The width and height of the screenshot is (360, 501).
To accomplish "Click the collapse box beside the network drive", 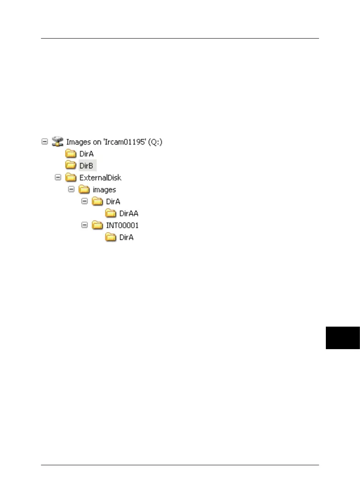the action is click(x=45, y=141).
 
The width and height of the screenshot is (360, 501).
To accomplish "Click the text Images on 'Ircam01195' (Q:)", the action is click(x=114, y=141).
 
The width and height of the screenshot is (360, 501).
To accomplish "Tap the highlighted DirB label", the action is click(x=87, y=165).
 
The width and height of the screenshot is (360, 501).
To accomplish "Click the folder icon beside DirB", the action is click(x=71, y=165).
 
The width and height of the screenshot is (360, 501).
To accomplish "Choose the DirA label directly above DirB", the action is click(x=86, y=153).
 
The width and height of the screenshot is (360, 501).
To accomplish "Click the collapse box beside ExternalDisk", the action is click(x=58, y=177).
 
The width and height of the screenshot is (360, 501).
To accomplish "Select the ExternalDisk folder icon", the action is click(x=71, y=177).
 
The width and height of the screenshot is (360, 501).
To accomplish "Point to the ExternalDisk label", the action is click(x=100, y=177).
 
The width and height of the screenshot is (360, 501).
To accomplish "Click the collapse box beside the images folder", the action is click(x=71, y=189).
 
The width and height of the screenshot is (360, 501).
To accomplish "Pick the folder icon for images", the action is click(x=84, y=189).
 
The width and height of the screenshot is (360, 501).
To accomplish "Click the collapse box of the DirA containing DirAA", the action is click(x=84, y=201).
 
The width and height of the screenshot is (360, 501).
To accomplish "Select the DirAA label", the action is click(x=129, y=213).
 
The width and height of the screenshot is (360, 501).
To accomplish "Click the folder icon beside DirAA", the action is click(x=110, y=213).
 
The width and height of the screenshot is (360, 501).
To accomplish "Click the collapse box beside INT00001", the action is click(x=84, y=225).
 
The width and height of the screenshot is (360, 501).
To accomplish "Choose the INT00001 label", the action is click(x=122, y=225).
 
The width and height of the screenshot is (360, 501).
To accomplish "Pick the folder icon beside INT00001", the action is click(x=97, y=225).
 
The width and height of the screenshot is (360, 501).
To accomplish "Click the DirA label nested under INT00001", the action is click(x=126, y=237).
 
